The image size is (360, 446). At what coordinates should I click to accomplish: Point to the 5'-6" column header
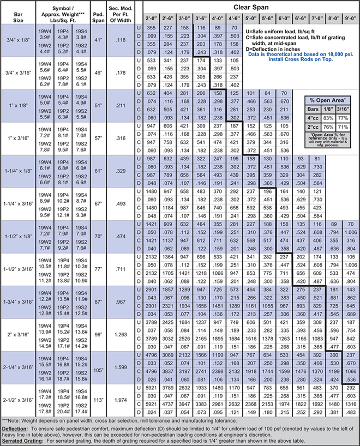point(267,17)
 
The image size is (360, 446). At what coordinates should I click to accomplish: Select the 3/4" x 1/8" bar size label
point(19,40)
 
